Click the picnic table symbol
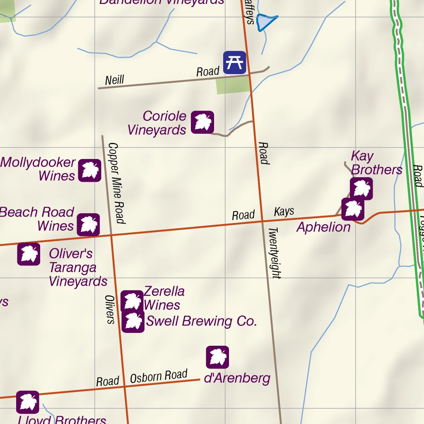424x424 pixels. [x=235, y=63]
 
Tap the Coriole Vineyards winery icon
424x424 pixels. [x=202, y=122]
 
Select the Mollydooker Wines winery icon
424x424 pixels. [x=89, y=170]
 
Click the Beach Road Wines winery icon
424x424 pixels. [x=88, y=225]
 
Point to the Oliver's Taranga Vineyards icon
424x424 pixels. [x=29, y=254]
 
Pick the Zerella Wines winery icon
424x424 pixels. [x=132, y=301]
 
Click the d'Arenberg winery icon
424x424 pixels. [x=217, y=357]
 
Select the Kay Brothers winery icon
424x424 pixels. [x=361, y=188]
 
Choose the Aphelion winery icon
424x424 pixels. [x=353, y=209]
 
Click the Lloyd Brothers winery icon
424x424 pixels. [x=28, y=402]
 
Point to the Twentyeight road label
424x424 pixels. [x=275, y=253]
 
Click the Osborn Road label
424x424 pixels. [x=159, y=376]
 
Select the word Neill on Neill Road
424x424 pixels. [x=114, y=79]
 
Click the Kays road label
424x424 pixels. [x=284, y=212]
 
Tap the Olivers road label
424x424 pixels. [x=110, y=309]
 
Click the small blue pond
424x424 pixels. [x=265, y=22]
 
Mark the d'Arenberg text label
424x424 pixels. [x=237, y=378]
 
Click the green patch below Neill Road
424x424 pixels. [x=233, y=85]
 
